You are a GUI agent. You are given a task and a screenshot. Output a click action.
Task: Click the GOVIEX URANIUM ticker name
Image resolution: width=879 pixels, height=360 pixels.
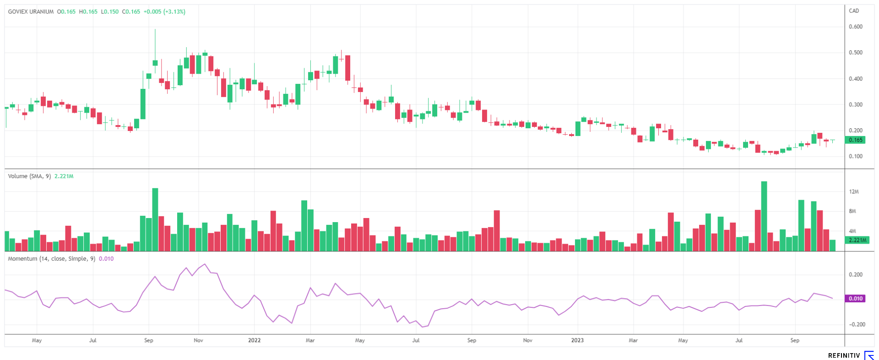31,12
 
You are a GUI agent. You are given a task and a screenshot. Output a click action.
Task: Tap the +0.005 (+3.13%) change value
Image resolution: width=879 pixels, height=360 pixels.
164,12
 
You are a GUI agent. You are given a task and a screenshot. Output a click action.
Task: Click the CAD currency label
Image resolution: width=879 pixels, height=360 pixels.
854,11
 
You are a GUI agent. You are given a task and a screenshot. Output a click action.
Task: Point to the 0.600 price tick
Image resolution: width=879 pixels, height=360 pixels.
855,27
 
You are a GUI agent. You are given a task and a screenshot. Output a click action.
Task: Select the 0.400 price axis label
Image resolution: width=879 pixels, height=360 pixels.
855,79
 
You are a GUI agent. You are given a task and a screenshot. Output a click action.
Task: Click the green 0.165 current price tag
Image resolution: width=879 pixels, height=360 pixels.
855,140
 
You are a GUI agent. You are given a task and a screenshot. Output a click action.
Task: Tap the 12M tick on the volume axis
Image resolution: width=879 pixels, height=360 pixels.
854,192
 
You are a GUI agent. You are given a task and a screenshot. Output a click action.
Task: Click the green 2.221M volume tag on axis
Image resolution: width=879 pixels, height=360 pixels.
857,240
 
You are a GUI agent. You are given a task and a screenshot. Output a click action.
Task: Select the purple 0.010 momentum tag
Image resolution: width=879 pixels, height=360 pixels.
855,299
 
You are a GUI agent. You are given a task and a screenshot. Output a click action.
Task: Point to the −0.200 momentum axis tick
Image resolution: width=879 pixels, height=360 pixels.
857,325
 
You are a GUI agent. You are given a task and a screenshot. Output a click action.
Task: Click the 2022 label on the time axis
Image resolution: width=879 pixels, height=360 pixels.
254,340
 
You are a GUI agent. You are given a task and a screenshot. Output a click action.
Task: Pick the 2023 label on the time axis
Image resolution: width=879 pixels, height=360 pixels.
577,340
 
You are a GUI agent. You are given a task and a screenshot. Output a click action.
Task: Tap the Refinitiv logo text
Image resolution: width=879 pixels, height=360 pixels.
844,355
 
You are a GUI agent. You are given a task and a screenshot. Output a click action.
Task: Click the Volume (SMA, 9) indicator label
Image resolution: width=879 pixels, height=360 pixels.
29,176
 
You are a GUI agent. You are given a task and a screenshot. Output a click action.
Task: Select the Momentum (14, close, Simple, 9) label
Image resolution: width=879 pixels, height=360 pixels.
52,259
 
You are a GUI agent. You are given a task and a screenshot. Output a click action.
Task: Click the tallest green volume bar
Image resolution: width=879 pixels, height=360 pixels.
764,215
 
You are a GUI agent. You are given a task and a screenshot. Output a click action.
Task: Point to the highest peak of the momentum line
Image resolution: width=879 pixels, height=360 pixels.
205,264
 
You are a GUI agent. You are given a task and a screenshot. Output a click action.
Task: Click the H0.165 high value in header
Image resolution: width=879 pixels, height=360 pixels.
88,12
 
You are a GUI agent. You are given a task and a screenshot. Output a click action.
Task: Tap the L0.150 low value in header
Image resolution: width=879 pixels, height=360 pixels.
110,12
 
